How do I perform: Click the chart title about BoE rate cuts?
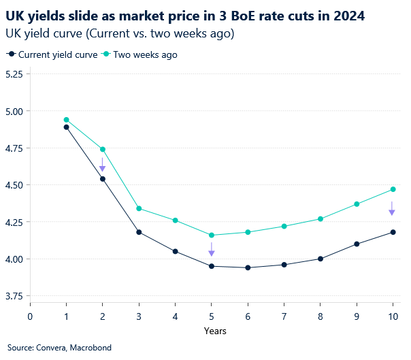pyautogui.click(x=184, y=15)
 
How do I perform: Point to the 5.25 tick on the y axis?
pyautogui.click(x=13, y=74)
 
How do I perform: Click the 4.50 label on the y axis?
pyautogui.click(x=13, y=185)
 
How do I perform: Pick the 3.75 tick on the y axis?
pyautogui.click(x=13, y=296)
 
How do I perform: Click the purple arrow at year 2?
pyautogui.click(x=102, y=165)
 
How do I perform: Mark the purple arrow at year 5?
pyautogui.click(x=212, y=249)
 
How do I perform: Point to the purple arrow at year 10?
pyautogui.click(x=393, y=208)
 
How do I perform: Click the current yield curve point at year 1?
pyautogui.click(x=66, y=127)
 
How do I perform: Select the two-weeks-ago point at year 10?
pyautogui.click(x=393, y=189)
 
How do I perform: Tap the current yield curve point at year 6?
pyautogui.click(x=248, y=267)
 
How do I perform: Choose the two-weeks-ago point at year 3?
pyautogui.click(x=139, y=208)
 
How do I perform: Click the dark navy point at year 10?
pyautogui.click(x=393, y=232)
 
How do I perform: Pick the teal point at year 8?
pyautogui.click(x=320, y=218)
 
